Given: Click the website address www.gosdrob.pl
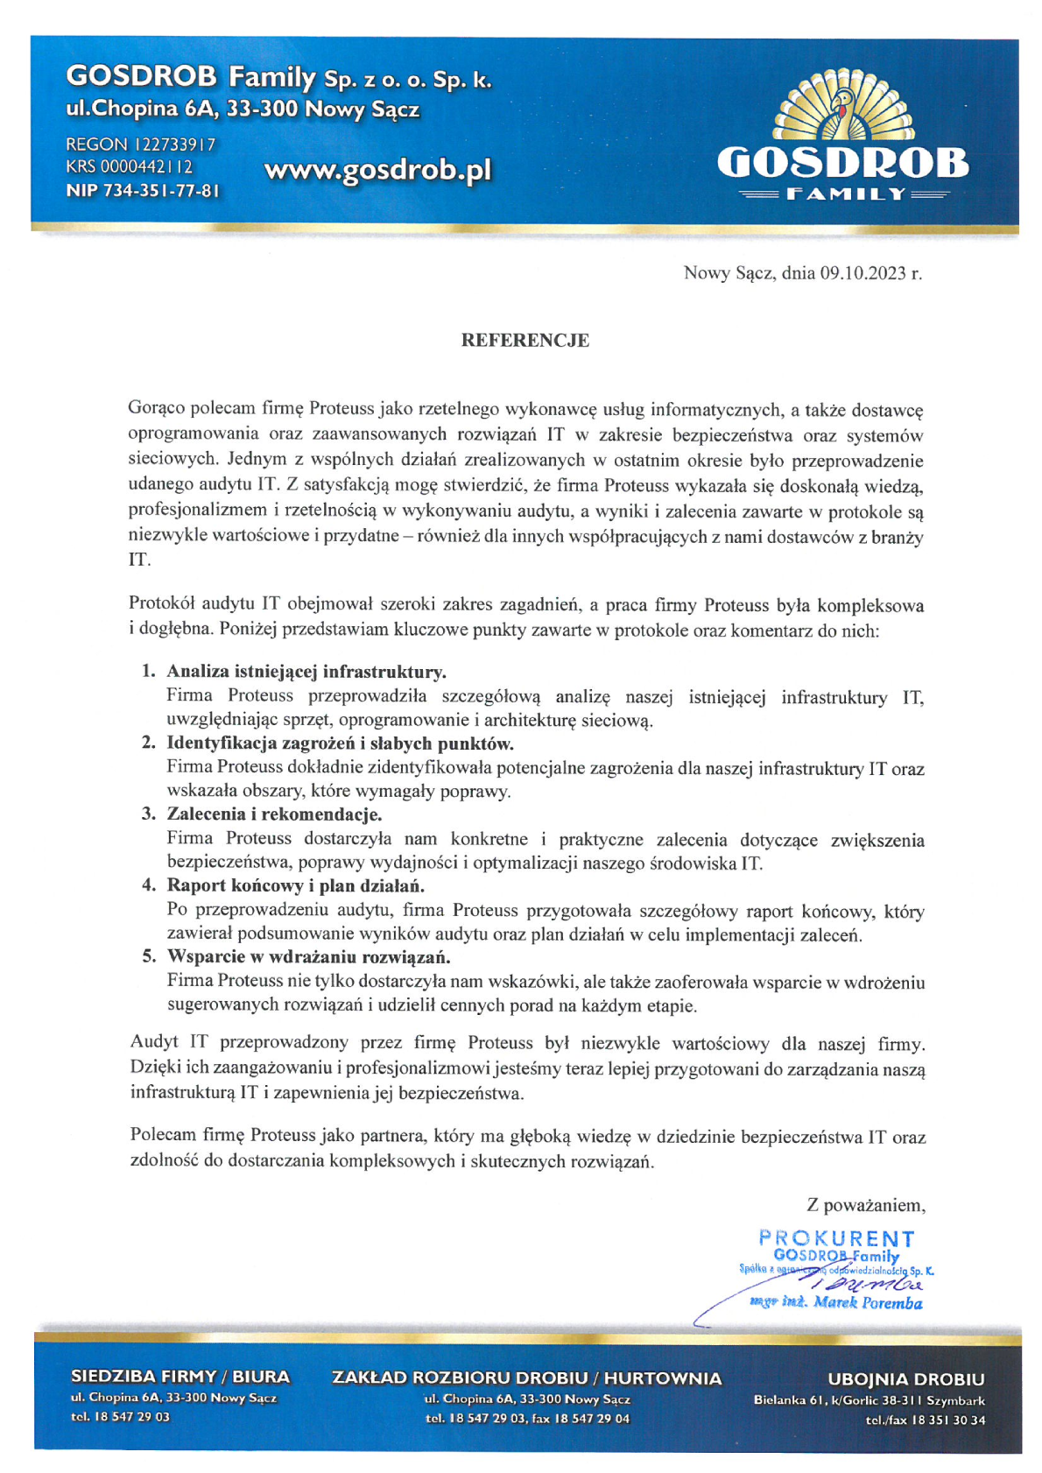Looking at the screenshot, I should coord(377,170).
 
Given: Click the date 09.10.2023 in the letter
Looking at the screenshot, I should coord(862,273).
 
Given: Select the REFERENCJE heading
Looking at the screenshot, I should coord(525,341).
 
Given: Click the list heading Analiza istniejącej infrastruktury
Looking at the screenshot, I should coord(306,672).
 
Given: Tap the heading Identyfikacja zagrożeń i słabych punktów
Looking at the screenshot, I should coord(340,744).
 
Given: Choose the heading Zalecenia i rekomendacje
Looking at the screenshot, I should coord(274,814).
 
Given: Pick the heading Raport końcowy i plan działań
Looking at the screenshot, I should coord(295,885).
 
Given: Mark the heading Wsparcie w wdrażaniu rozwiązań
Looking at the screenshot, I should coord(308,956).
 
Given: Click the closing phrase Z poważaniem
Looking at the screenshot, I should coord(865,1205).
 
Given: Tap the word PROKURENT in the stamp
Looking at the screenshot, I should coord(836,1238).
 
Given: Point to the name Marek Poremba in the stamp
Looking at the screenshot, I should coord(867,1303).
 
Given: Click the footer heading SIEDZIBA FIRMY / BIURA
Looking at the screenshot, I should coord(180,1377).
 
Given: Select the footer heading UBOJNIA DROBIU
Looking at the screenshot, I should coord(905,1379).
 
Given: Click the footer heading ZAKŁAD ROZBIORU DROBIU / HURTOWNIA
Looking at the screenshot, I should coord(526,1378).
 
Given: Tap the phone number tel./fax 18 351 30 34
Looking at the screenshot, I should coord(925,1420).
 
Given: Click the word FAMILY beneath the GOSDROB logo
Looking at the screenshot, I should coord(843,194).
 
